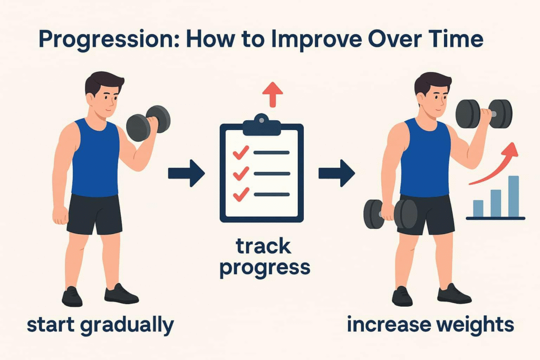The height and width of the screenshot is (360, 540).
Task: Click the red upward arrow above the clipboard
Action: tap(273, 94)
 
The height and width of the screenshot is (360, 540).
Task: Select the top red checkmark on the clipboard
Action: tap(240, 152)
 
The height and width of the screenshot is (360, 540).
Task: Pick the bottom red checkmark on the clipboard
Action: tap(240, 194)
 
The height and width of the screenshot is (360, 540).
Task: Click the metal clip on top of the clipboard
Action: tap(262, 124)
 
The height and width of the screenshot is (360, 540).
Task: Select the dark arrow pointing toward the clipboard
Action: tap(186, 173)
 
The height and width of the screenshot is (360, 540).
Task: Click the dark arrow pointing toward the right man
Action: tap(336, 173)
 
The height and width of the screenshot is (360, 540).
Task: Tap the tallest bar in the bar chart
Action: tap(514, 197)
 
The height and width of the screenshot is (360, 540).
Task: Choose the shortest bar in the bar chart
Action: tap(478, 209)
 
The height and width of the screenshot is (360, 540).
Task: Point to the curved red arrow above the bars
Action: tap(496, 165)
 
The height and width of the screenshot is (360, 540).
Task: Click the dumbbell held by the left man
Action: tap(148, 123)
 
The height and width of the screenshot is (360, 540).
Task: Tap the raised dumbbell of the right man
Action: tap(484, 114)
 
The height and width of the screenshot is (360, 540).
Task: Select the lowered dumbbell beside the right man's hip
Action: tap(390, 214)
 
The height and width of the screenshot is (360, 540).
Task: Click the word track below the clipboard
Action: tap(264, 246)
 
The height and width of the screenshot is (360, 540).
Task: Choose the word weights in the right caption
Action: tap(475, 324)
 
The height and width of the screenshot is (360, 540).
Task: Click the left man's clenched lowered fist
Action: tap(61, 216)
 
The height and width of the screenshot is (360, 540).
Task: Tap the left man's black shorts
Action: tap(94, 214)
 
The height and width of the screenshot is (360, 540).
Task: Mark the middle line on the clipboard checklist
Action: tap(272, 174)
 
